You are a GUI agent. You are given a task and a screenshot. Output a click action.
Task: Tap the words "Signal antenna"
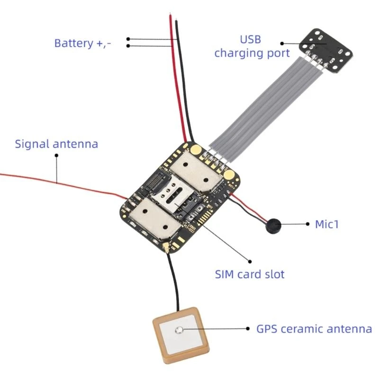click(56, 144)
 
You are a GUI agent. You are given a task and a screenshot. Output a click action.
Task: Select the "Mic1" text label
click(327, 224)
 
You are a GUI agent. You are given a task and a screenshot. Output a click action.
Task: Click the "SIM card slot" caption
click(250, 274)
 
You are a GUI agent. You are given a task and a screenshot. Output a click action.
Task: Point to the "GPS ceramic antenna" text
click(314, 329)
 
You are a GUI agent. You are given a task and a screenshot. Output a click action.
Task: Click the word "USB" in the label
click(251, 39)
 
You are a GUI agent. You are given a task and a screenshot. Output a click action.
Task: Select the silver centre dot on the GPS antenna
click(179, 330)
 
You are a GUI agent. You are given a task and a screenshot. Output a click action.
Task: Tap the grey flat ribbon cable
click(265, 104)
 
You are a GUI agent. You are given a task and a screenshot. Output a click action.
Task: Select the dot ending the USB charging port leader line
click(282, 43)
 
